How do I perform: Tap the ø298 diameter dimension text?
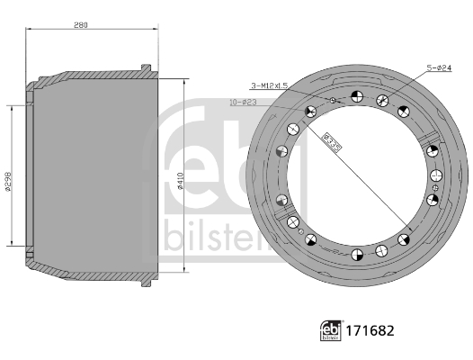tap(8, 181)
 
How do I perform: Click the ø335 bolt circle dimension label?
tap(331, 143)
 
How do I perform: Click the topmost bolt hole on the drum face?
tap(357, 97)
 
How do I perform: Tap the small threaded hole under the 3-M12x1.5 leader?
tap(334, 100)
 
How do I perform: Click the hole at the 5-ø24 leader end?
tap(383, 100)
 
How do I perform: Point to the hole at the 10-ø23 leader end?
tap(310, 112)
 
